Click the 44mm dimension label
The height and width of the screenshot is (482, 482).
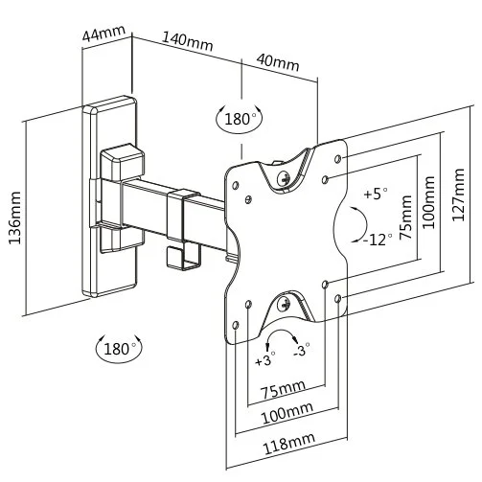(x=103, y=34)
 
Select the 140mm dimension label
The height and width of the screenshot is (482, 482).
(x=188, y=41)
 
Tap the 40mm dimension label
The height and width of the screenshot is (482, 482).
(x=278, y=62)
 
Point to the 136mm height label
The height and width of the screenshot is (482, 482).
(x=14, y=218)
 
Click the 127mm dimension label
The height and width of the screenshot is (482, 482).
(x=458, y=195)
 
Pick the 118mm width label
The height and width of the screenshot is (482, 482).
(x=288, y=443)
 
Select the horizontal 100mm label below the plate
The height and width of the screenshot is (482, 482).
(x=287, y=412)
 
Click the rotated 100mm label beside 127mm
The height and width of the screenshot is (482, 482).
(x=429, y=202)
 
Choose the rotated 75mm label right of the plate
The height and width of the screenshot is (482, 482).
(x=406, y=218)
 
